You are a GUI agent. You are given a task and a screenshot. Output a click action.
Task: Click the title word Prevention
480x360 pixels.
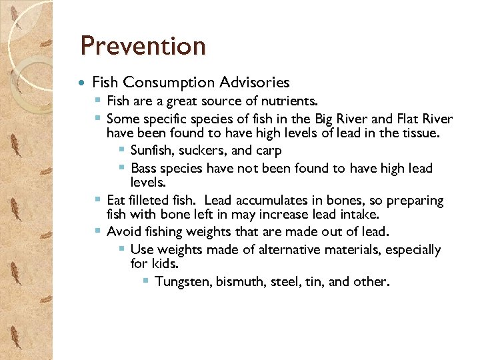[143, 46]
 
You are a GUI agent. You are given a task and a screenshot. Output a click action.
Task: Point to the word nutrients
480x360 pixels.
[289, 101]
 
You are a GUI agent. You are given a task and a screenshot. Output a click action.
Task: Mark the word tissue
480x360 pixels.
[421, 134]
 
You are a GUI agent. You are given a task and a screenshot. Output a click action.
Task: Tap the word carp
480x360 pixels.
[268, 151]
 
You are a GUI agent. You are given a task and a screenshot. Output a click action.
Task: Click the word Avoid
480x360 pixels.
[123, 232]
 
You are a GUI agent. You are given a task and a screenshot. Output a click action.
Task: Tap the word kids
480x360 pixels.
[165, 264]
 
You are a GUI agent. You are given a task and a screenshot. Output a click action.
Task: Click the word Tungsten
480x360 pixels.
[182, 281]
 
